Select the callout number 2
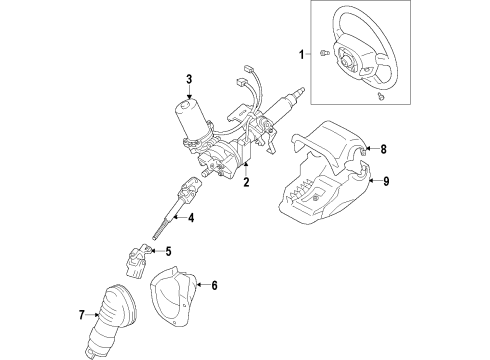(x=245, y=183)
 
